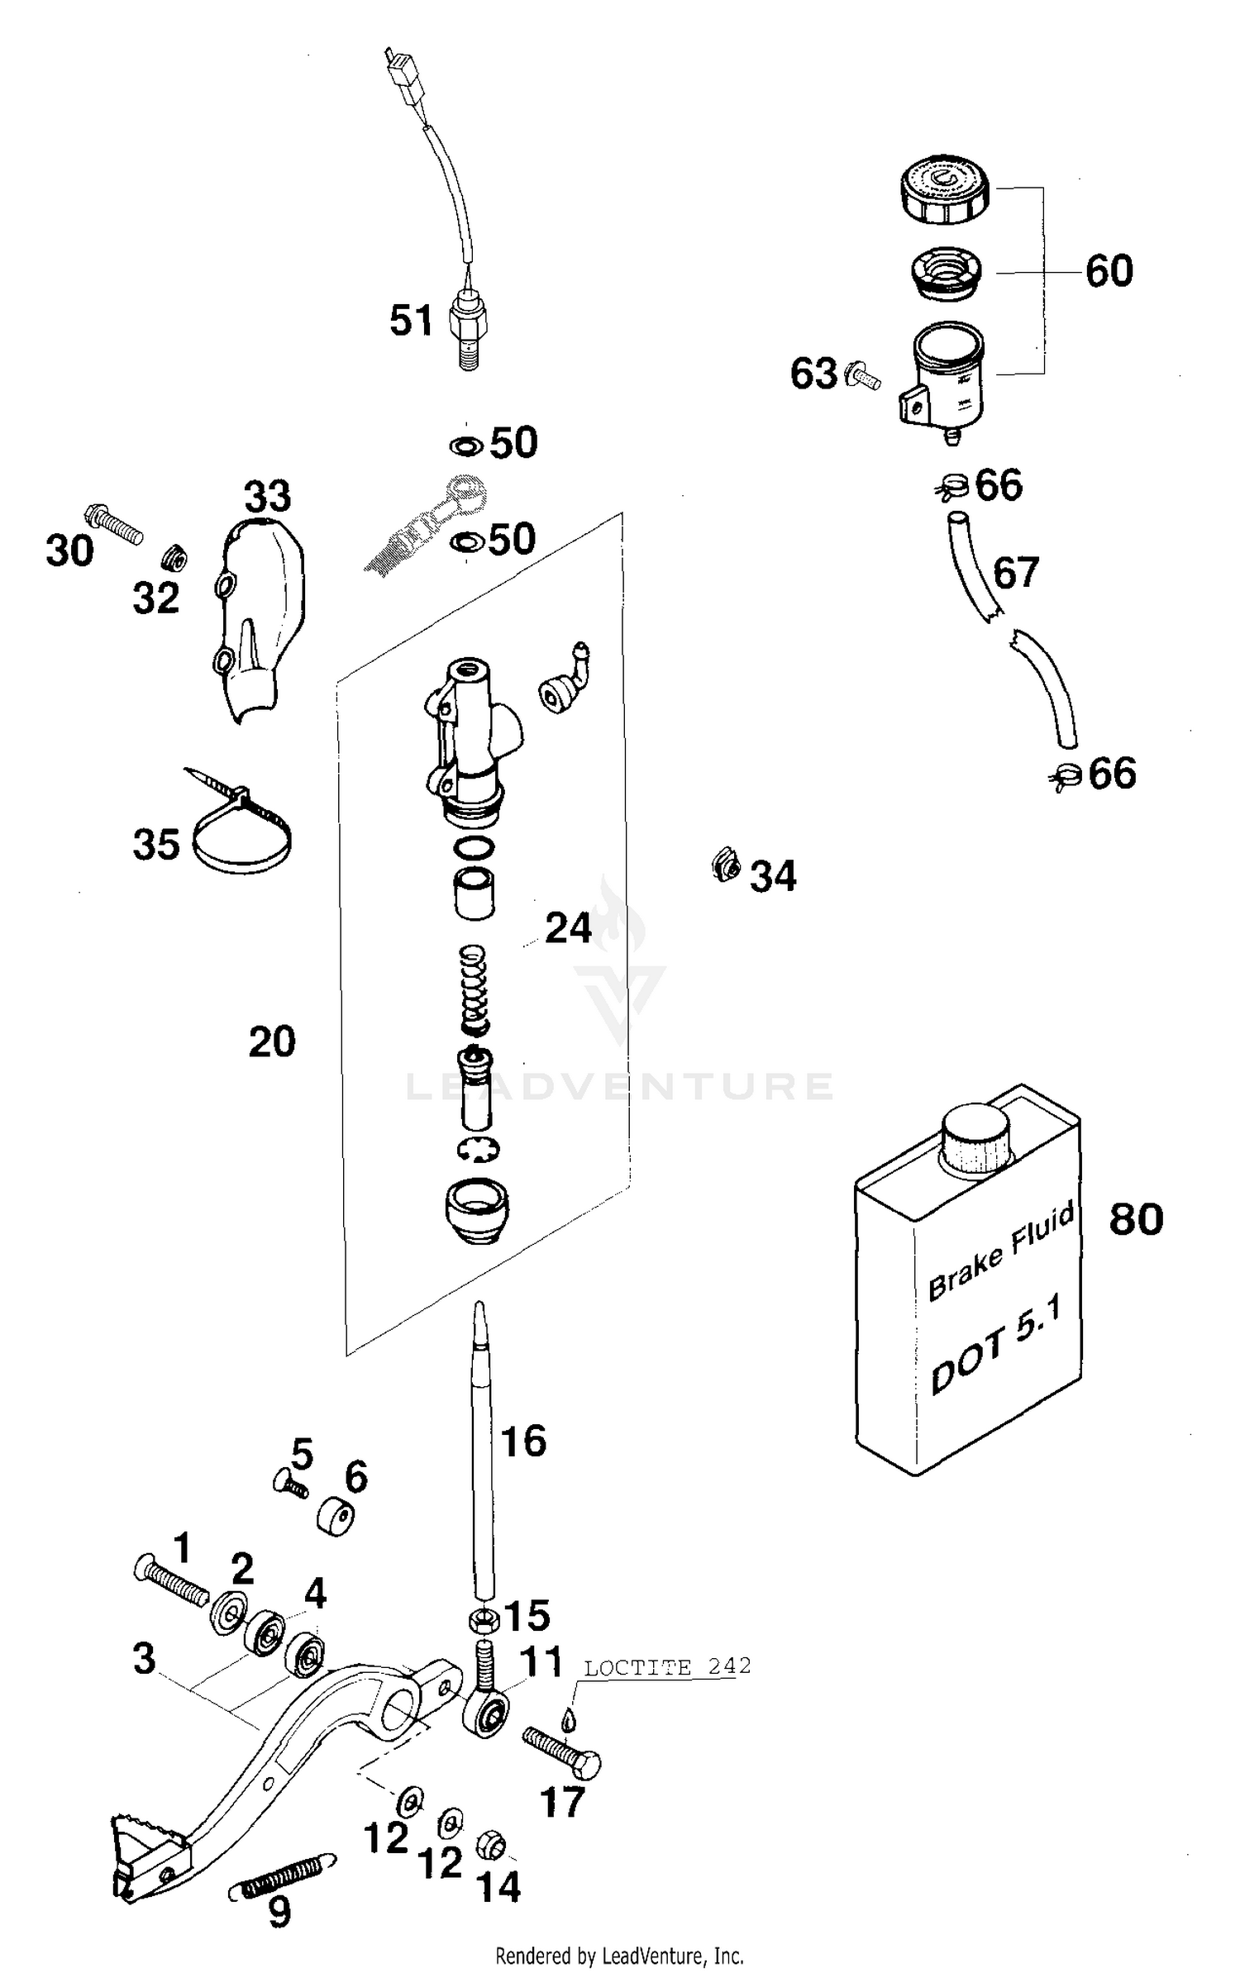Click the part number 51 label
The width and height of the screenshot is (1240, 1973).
click(411, 321)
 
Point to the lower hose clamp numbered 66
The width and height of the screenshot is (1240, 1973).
click(1067, 774)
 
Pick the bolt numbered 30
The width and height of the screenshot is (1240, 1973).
click(112, 523)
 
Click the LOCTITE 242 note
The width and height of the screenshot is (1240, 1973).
click(667, 1666)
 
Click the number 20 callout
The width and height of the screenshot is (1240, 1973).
click(272, 1042)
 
